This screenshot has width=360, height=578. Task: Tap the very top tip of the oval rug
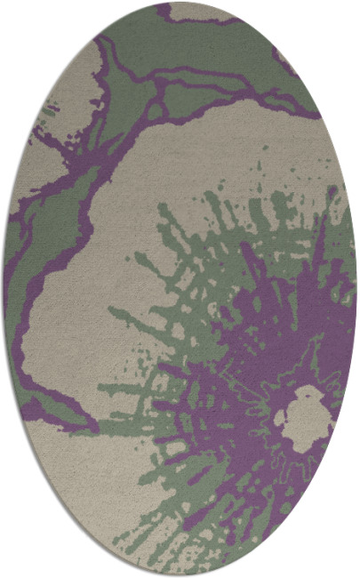180,3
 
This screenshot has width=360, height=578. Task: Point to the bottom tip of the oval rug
180,575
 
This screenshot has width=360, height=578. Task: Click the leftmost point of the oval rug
4,289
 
